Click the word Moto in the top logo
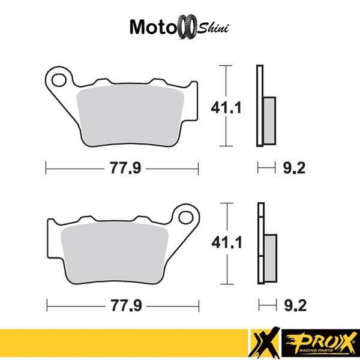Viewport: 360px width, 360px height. click(153, 27)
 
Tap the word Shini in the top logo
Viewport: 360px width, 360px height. click(213, 28)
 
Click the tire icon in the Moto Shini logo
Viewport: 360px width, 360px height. click(188, 26)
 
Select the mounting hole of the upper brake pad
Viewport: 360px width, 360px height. click(59, 80)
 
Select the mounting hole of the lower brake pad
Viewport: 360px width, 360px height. click(186, 218)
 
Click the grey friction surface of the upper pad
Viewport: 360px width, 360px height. click(130, 115)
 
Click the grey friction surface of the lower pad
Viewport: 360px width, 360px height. click(115, 253)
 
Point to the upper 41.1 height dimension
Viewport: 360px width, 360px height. click(226, 107)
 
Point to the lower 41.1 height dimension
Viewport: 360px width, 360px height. click(227, 242)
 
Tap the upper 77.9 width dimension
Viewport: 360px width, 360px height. click(125, 168)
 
